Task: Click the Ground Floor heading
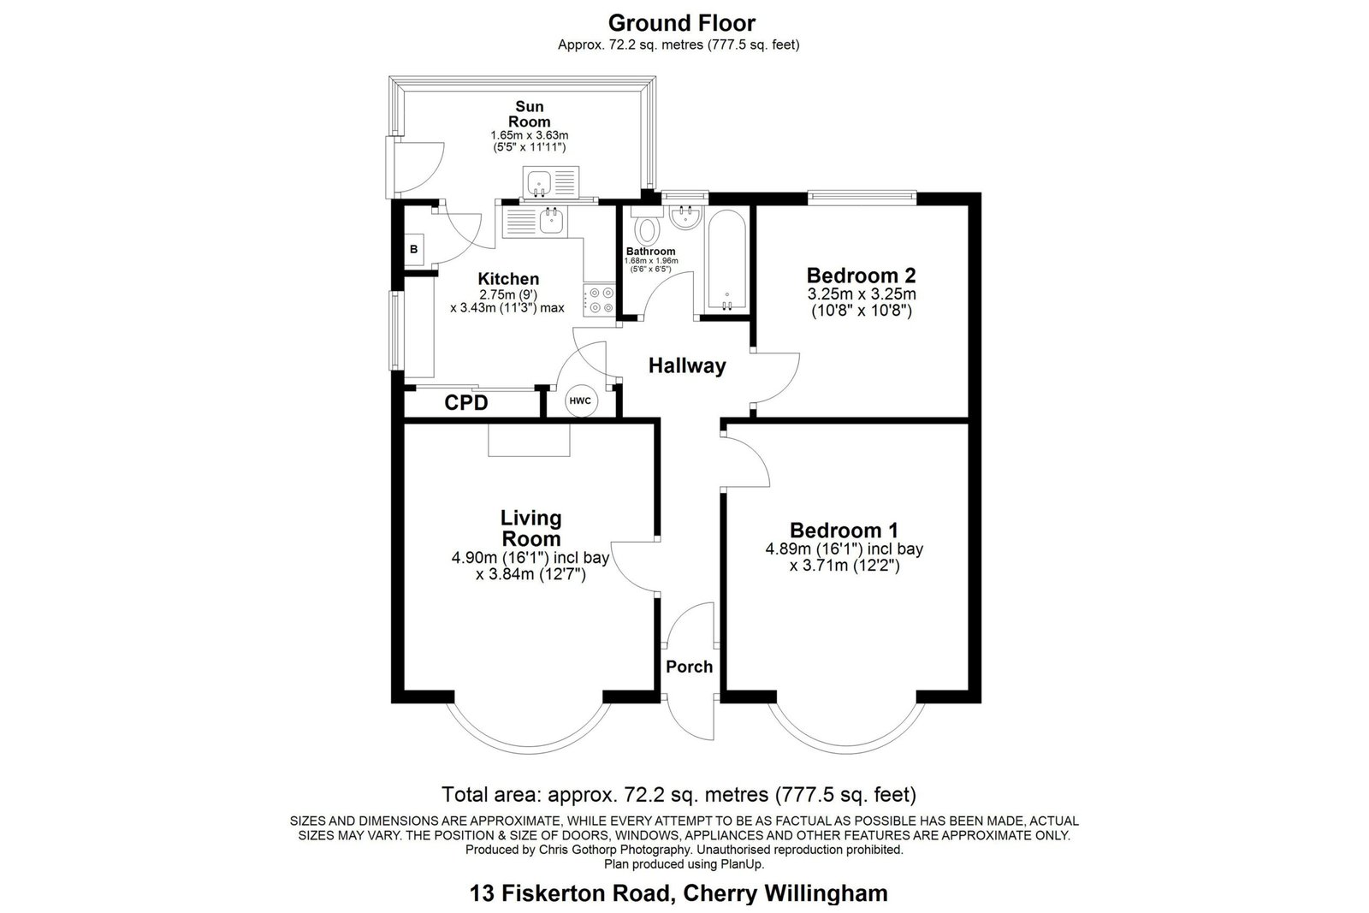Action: point(681,23)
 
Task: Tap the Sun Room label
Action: point(530,115)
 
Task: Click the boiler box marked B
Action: point(414,249)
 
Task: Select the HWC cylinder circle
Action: point(580,401)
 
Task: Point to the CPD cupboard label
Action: point(466,403)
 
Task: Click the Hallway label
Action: point(687,365)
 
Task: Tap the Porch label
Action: point(690,667)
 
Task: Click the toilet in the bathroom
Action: point(647,225)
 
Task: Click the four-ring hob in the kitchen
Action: point(599,300)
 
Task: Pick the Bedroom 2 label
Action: point(861,276)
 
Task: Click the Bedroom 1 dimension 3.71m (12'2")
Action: point(845,566)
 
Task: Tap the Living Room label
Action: point(530,529)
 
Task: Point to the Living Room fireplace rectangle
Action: point(529,440)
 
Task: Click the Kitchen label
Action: point(508,279)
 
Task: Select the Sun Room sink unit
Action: point(551,182)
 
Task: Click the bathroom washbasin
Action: point(685,217)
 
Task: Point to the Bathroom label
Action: point(651,252)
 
